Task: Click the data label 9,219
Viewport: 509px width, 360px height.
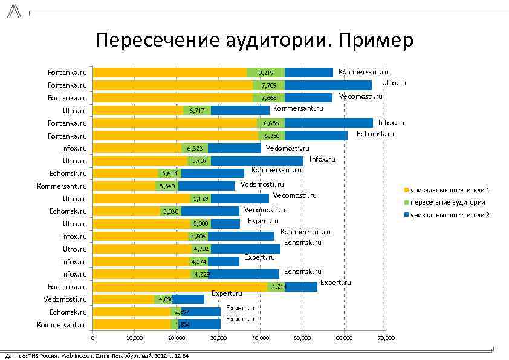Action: [266, 73]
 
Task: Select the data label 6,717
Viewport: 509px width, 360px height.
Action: [198, 111]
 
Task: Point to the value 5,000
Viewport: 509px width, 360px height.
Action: [201, 224]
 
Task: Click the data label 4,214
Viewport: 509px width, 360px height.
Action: [278, 287]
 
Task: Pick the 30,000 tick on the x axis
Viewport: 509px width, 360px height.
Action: [218, 338]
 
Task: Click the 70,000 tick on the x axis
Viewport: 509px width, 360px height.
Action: [385, 338]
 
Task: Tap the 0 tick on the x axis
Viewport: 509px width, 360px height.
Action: [92, 338]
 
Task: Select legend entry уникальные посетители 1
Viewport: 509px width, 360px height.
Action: [450, 191]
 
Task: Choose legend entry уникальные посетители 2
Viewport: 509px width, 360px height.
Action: [450, 215]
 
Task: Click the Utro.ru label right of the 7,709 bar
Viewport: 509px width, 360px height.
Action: [394, 83]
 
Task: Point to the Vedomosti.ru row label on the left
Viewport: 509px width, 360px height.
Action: [65, 299]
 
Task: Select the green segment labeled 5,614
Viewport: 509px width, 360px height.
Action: [169, 174]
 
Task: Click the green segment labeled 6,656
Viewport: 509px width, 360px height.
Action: [270, 123]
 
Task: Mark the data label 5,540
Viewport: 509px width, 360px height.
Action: [167, 186]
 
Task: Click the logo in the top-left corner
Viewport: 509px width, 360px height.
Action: [13, 10]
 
